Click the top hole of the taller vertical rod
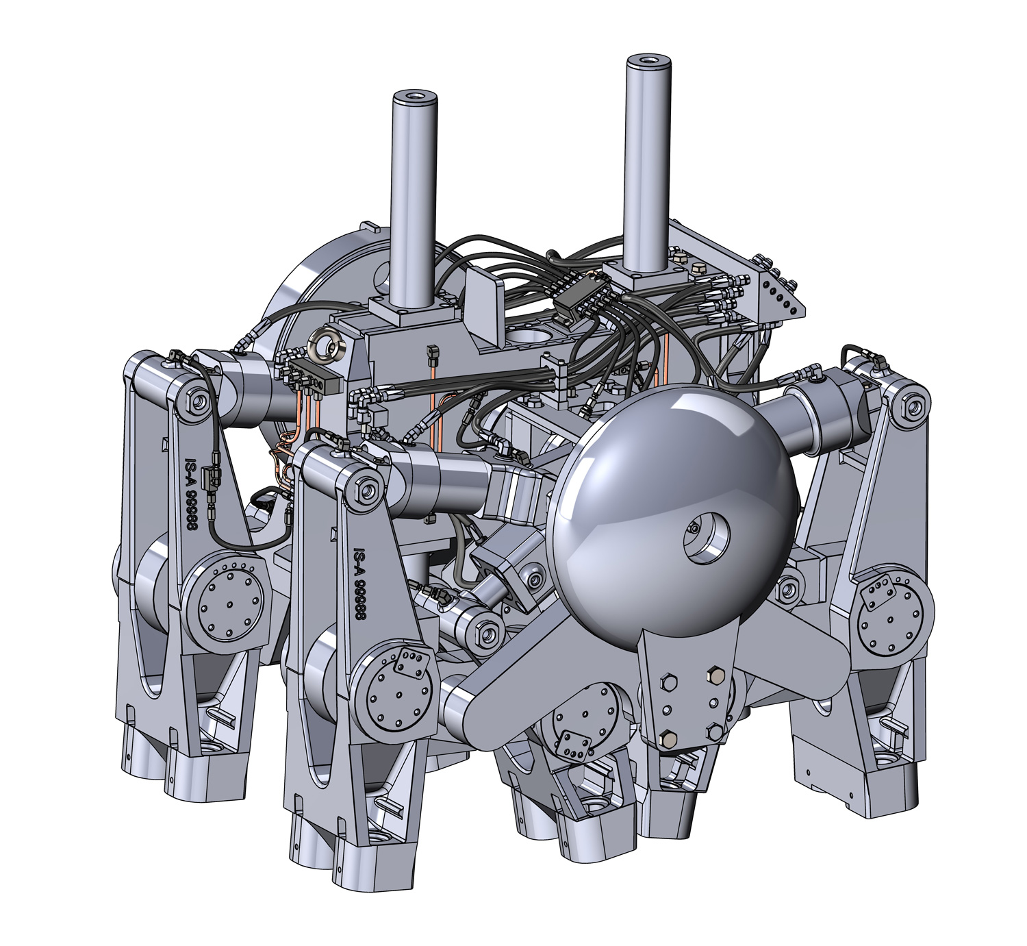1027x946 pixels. tap(649, 59)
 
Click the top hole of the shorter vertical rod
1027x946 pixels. tap(415, 96)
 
